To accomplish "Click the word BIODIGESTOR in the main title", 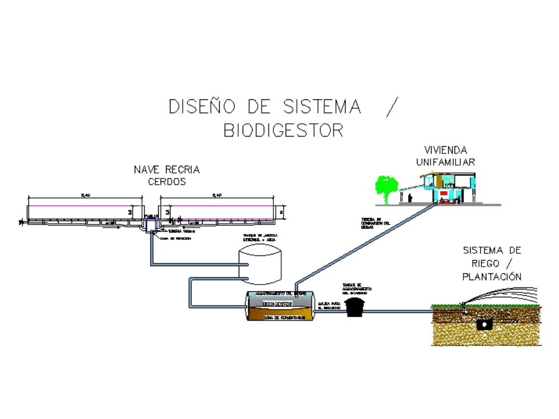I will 283,130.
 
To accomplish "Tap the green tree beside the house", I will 386,186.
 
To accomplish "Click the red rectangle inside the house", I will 444,193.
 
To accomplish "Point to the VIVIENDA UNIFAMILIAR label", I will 446,156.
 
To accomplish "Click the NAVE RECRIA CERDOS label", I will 167,175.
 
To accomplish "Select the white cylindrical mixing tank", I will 260,263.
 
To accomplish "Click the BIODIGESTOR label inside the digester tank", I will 277,304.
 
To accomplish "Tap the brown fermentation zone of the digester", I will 279,316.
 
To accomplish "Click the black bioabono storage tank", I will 353,307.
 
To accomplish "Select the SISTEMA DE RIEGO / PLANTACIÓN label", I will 492,263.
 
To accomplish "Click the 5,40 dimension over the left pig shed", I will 85,195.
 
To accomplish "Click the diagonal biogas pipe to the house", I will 363,244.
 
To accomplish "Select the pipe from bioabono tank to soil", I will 397,311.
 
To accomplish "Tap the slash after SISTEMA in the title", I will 393,106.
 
